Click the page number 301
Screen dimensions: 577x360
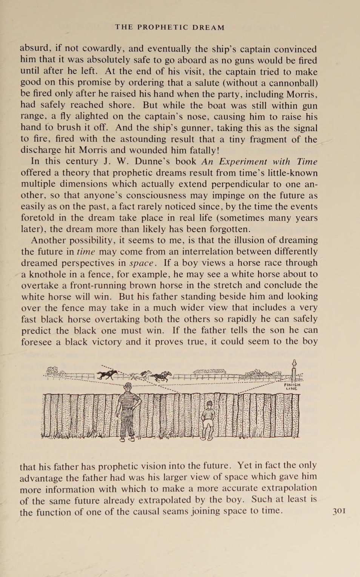(339, 511)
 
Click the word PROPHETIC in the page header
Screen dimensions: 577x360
(162, 27)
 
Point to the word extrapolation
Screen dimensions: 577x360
(289, 488)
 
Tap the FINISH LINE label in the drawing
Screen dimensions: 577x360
(292, 386)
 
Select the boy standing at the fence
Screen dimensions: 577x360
(209, 417)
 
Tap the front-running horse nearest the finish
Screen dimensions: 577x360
(162, 375)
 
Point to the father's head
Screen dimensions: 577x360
(128, 386)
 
